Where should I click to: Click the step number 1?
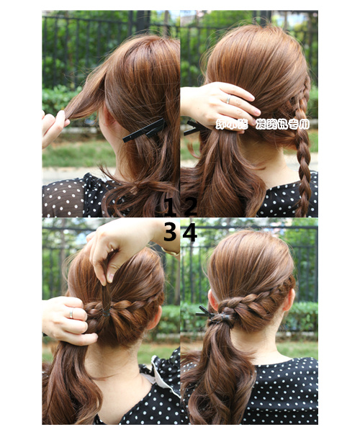[170, 207]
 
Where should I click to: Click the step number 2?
[190, 207]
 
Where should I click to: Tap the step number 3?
[170, 232]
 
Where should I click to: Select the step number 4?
[190, 232]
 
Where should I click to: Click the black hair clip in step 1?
[144, 130]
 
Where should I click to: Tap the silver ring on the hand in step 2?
[228, 99]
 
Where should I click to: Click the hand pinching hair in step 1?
[52, 126]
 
